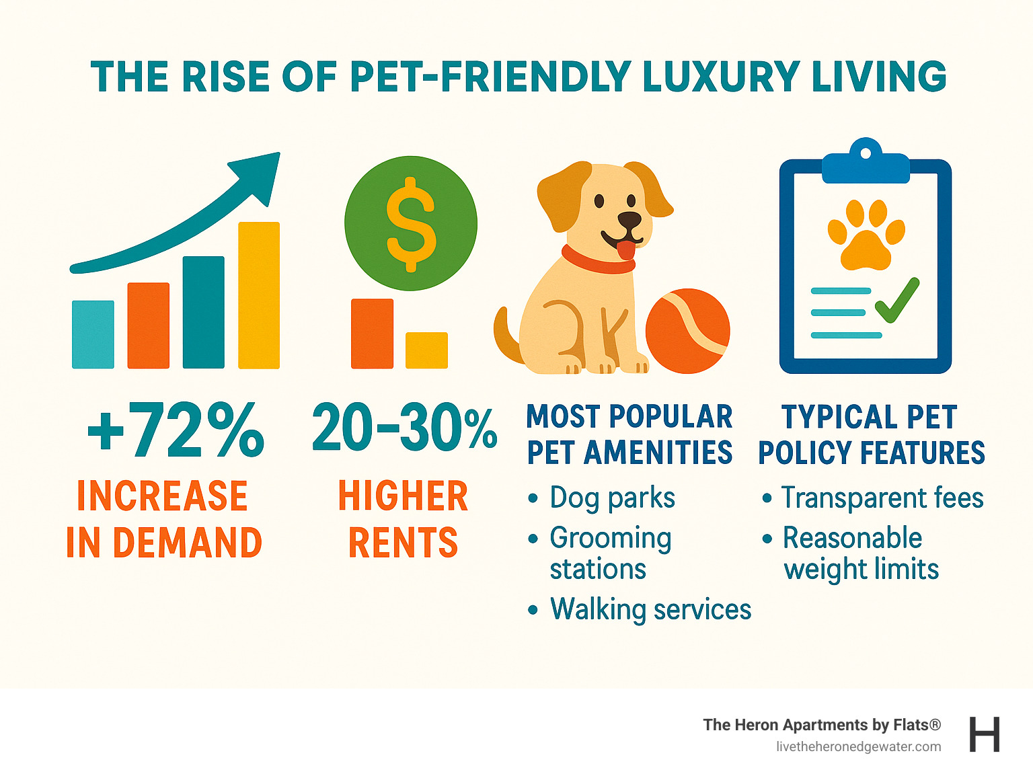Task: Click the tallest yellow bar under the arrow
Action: pyautogui.click(x=259, y=296)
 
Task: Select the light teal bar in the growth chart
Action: pyautogui.click(x=93, y=335)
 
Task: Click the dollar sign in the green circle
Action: pyautogui.click(x=411, y=224)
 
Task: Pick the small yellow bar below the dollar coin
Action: pyautogui.click(x=426, y=350)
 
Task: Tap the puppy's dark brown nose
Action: pyautogui.click(x=629, y=221)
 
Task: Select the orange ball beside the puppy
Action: pyautogui.click(x=687, y=331)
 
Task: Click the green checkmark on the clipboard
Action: pyautogui.click(x=897, y=301)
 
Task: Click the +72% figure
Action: pyautogui.click(x=176, y=430)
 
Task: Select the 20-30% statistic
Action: pyautogui.click(x=404, y=428)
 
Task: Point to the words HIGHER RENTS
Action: pyautogui.click(x=403, y=519)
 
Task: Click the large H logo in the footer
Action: pyautogui.click(x=985, y=734)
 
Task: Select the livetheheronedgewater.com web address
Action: pyautogui.click(x=858, y=747)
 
